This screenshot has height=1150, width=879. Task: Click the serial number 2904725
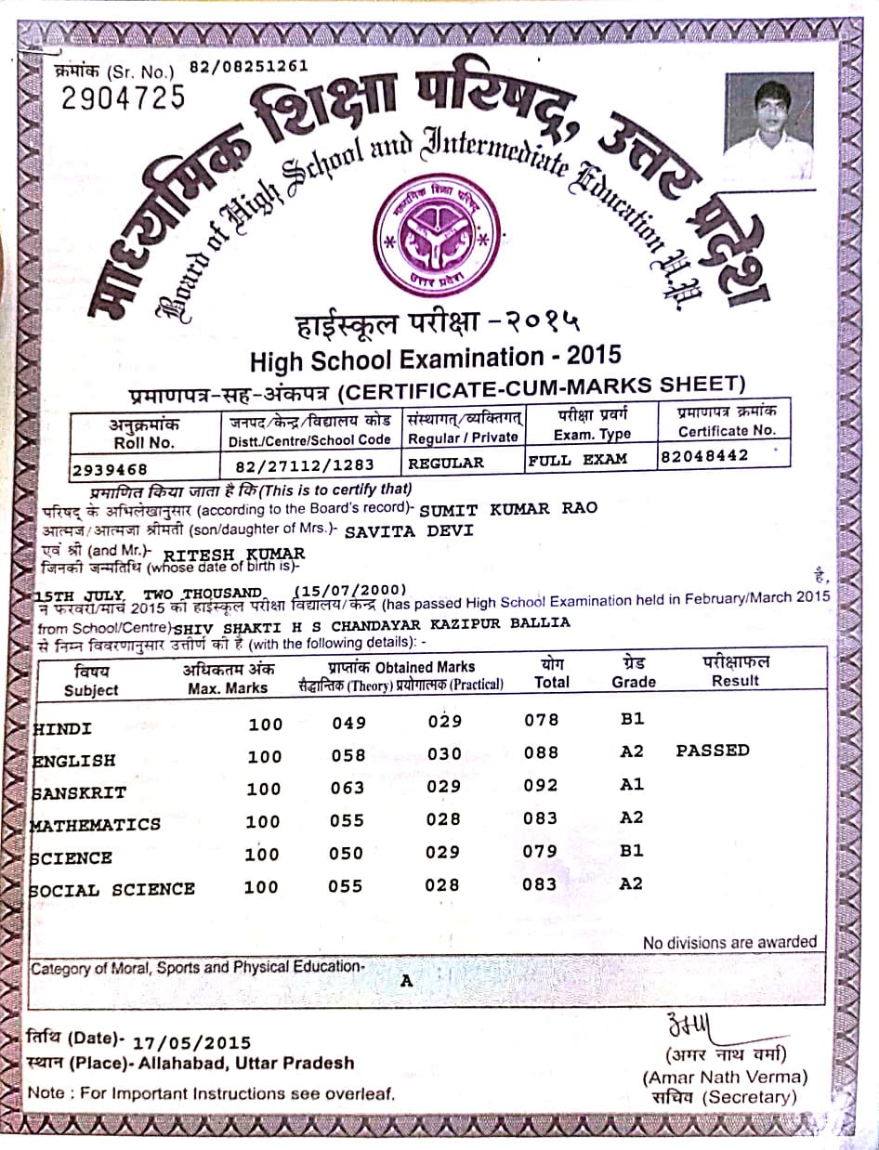(x=124, y=96)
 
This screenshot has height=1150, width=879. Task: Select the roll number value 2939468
(x=110, y=469)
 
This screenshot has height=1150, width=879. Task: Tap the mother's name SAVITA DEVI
(x=409, y=530)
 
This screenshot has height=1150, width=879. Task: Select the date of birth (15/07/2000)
(x=350, y=591)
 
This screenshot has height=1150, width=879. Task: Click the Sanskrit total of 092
(x=540, y=785)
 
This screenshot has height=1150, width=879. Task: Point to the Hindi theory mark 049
(x=348, y=723)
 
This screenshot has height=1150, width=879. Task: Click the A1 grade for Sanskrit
(x=632, y=785)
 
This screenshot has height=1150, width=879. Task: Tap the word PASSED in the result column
(x=713, y=750)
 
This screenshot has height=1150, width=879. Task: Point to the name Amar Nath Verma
(x=725, y=1077)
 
